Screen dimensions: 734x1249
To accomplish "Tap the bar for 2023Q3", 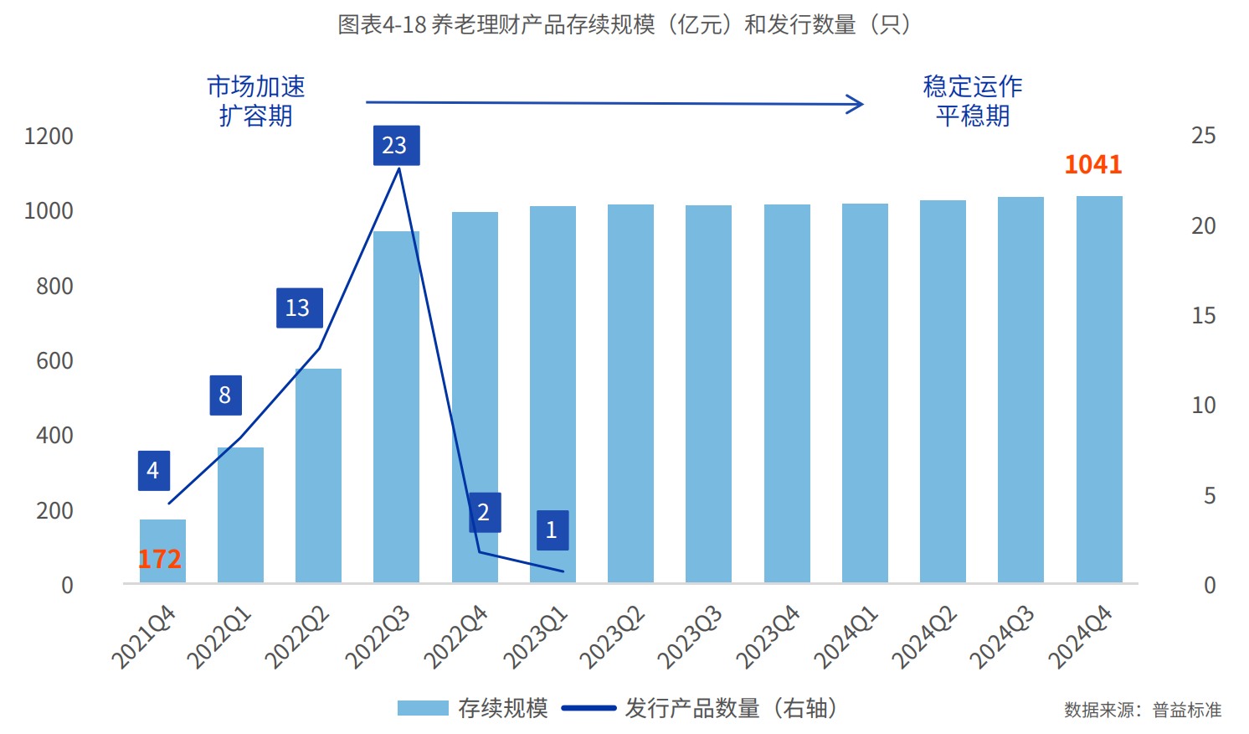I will (x=708, y=394).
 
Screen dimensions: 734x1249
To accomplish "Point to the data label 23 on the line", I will (x=396, y=146).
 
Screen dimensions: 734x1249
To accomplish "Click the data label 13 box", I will (x=299, y=308).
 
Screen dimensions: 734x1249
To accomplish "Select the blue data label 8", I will (x=225, y=395).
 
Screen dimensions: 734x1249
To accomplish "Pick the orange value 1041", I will (x=1092, y=164).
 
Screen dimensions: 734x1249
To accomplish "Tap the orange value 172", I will (x=159, y=559).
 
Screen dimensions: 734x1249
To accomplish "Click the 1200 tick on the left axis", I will (x=49, y=136).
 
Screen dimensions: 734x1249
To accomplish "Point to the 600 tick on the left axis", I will (x=54, y=360).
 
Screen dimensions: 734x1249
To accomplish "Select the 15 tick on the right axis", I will (x=1203, y=316).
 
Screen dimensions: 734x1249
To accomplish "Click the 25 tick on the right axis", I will (x=1203, y=136).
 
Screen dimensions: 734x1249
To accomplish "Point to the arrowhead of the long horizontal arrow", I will (x=857, y=104).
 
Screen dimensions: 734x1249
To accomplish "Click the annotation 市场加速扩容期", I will (x=255, y=101).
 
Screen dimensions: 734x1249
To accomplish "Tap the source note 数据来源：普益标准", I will (x=1142, y=711).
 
